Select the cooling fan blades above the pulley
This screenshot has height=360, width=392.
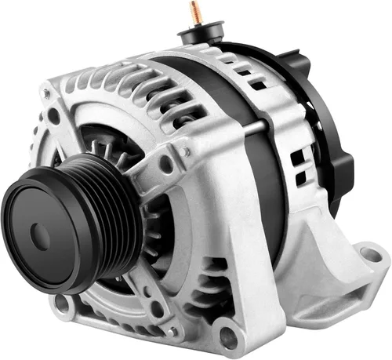click(110, 149)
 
